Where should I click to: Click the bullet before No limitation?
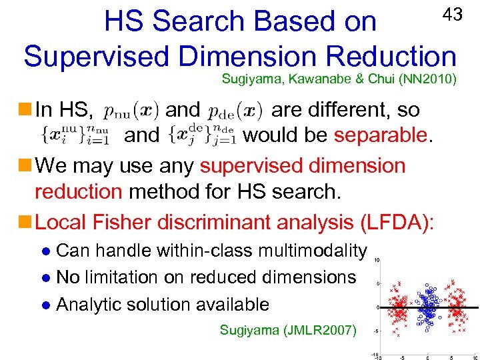45,278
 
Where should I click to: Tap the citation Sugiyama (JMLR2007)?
288,329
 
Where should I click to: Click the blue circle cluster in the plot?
425,307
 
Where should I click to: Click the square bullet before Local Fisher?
26,221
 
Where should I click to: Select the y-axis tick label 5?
378,283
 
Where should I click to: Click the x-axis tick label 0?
427,357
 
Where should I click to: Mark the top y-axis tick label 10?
377,260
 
